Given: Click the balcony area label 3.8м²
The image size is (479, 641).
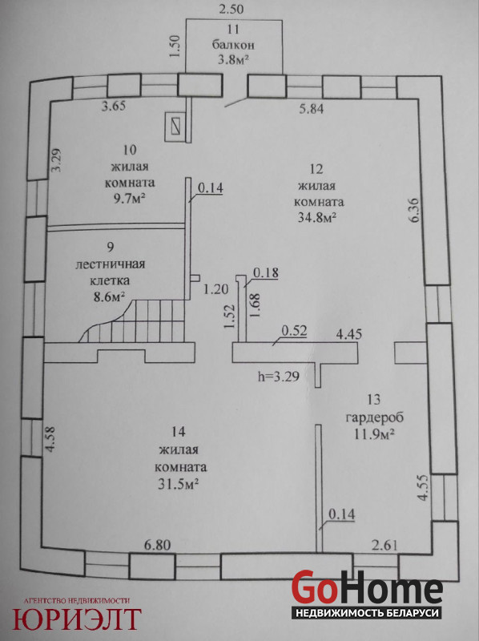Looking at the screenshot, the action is point(233,59).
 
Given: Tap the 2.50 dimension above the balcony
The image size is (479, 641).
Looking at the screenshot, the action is point(231,9).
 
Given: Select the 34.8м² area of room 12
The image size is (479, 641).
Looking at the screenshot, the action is point(317,217).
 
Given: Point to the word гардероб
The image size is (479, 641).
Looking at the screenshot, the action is point(375,417).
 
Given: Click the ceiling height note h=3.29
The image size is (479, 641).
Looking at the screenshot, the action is point(279,376).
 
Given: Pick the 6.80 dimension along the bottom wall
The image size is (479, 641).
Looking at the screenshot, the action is point(157,545).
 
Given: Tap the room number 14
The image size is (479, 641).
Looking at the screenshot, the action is point(179,432).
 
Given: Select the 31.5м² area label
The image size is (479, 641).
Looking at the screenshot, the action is point(178,485).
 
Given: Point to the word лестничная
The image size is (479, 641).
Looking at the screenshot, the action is point(111,264).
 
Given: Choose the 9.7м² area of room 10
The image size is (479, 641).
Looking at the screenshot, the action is point(129,199).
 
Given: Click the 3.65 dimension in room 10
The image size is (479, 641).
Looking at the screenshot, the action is point(114,107).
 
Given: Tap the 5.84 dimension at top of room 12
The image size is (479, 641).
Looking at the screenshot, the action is point(311,109).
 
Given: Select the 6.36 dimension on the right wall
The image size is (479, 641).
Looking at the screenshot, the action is point(414,210).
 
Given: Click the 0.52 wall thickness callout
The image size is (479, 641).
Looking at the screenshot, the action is point(294,330).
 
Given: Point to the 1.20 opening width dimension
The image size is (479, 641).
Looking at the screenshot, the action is point(215,289).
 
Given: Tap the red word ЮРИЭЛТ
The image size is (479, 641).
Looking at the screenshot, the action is point(77,619).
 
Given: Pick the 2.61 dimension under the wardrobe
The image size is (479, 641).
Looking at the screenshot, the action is point(384,545).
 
